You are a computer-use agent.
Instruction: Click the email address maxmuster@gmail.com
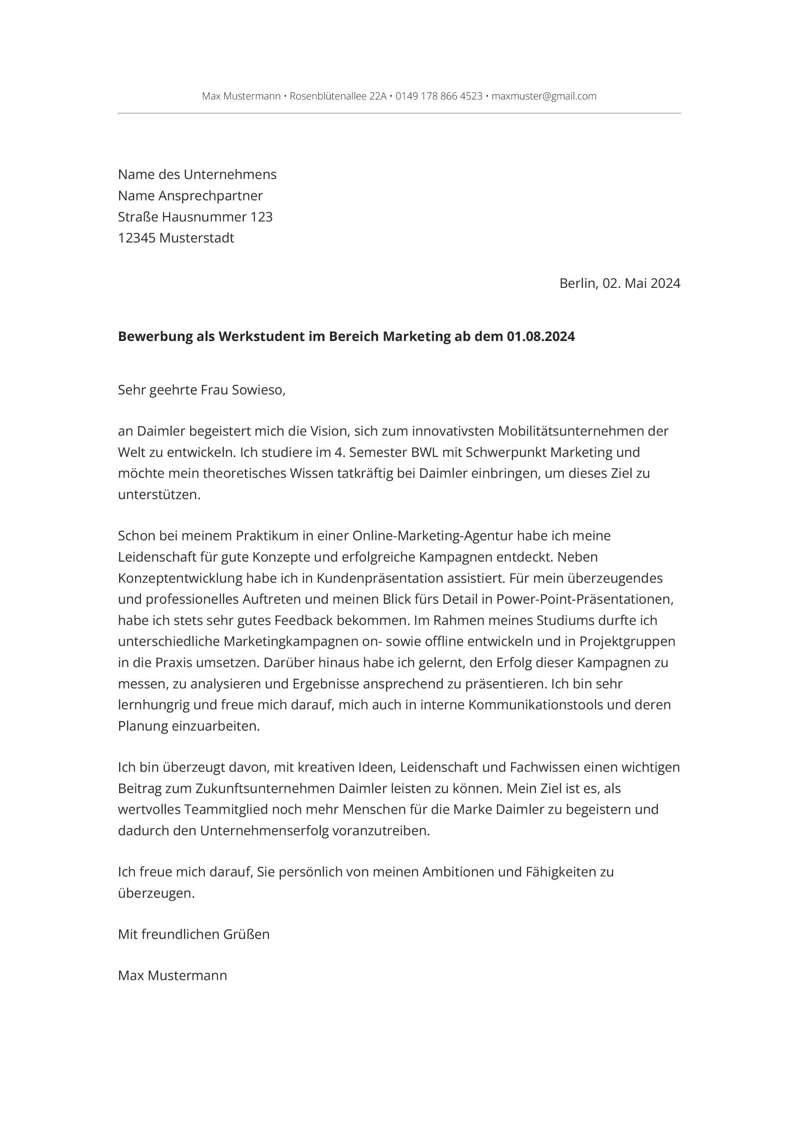544,96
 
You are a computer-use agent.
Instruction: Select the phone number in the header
439,96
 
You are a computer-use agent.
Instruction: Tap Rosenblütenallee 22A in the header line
338,96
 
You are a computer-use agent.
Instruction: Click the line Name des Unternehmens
197,174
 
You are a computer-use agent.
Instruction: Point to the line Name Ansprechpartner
190,196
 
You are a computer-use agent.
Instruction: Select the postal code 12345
137,238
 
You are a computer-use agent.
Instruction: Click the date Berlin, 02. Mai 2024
620,283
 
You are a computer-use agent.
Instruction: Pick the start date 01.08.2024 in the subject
541,337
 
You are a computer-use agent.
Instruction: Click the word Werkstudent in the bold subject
258,337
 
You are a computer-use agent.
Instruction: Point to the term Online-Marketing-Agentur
426,535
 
